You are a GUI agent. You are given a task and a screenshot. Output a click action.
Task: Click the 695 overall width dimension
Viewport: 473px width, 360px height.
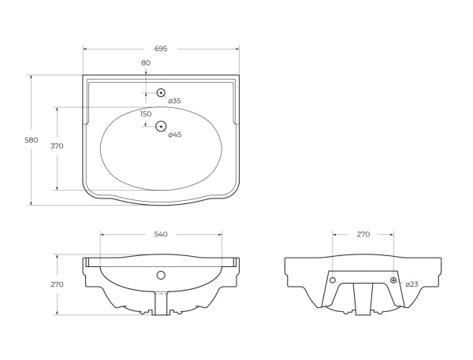160,49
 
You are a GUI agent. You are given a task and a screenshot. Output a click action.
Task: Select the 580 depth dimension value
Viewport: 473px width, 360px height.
32,139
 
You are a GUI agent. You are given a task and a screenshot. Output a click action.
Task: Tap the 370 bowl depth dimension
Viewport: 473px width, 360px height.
57,147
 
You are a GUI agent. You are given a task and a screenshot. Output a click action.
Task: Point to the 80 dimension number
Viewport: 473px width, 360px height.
145,63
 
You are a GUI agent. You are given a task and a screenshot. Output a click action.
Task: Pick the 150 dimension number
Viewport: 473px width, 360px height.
145,114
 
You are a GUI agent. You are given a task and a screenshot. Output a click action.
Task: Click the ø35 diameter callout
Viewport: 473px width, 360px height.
174,101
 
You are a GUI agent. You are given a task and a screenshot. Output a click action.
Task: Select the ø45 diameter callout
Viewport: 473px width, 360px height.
174,135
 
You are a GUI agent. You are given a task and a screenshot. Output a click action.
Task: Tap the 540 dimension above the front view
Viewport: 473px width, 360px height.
160,235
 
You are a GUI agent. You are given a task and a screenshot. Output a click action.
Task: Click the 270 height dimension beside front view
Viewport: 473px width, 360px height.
57,284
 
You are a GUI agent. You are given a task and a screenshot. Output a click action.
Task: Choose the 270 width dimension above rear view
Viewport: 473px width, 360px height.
363,235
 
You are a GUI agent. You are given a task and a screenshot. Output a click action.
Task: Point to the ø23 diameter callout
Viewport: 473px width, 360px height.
411,284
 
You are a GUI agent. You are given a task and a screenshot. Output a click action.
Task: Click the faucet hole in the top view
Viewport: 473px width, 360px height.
161,93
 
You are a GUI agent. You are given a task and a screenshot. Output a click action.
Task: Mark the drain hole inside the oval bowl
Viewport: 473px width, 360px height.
161,126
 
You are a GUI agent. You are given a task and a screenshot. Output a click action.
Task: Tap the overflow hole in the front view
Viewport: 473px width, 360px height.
161,276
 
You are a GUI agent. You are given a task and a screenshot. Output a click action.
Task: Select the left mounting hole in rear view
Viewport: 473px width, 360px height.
332,280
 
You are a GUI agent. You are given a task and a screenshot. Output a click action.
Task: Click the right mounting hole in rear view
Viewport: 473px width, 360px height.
393,280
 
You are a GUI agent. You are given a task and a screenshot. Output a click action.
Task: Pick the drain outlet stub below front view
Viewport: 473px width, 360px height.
161,302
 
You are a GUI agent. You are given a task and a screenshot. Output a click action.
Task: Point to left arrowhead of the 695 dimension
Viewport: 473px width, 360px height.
85,49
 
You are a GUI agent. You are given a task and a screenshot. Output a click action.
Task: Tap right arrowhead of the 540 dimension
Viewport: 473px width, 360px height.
221,235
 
